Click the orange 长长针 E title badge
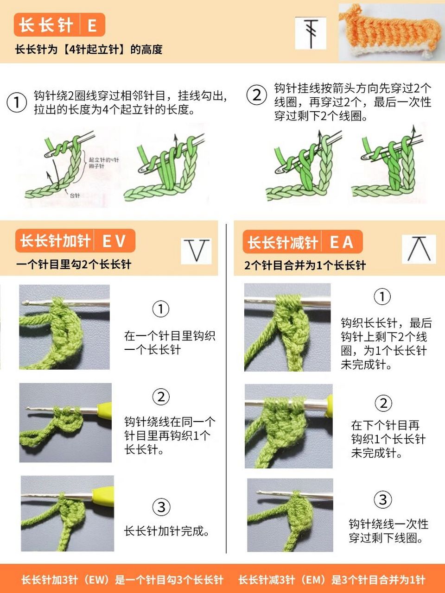pyautogui.click(x=59, y=25)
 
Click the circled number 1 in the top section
pyautogui.click(x=17, y=102)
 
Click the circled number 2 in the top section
pyautogui.click(x=256, y=95)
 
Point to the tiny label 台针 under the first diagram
pyautogui.click(x=75, y=196)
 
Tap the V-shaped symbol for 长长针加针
pyautogui.click(x=197, y=251)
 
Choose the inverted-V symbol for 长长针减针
pyautogui.click(x=419, y=249)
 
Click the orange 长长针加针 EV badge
pyautogui.click(x=75, y=241)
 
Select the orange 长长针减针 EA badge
pyautogui.click(x=302, y=242)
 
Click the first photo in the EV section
pyautogui.click(x=64, y=327)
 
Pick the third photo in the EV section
pyautogui.click(x=67, y=513)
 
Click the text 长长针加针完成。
pyautogui.click(x=167, y=531)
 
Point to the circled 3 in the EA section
pyautogui.click(x=382, y=499)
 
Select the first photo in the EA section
pyautogui.click(x=287, y=328)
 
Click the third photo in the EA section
pyautogui.click(x=290, y=515)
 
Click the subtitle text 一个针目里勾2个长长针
pyautogui.click(x=74, y=265)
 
